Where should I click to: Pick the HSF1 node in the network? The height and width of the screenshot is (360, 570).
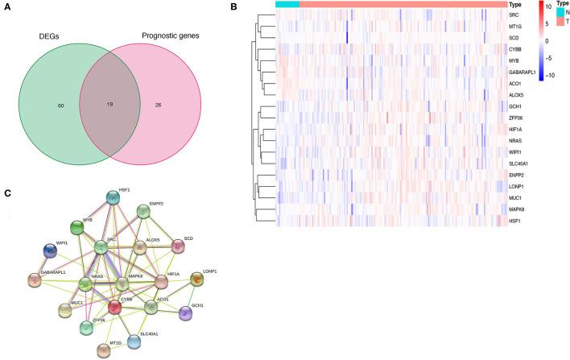(x=112, y=198)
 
